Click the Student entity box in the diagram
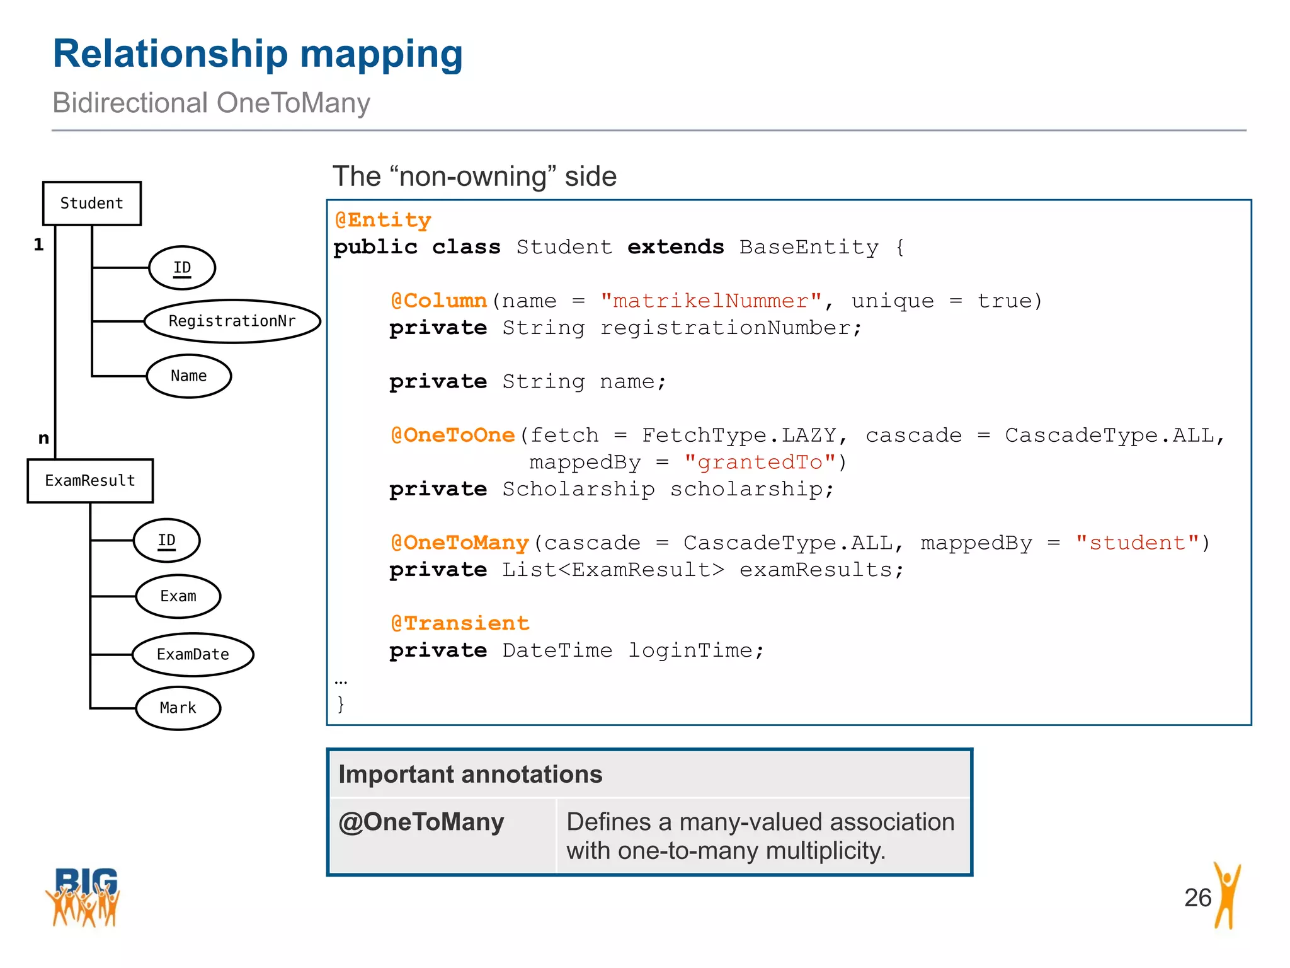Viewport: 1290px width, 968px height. (92, 203)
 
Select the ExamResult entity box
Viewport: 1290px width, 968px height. (90, 481)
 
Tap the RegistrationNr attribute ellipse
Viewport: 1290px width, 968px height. (232, 321)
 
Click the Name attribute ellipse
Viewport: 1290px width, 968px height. (189, 376)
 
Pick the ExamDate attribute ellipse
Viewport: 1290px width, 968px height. (193, 655)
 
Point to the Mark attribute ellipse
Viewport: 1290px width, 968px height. (178, 708)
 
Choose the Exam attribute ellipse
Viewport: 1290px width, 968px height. (178, 596)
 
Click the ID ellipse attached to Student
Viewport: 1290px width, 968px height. (182, 268)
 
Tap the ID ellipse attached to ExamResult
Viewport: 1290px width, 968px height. (167, 541)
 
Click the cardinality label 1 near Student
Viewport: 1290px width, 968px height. (39, 245)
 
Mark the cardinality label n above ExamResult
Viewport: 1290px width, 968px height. (43, 438)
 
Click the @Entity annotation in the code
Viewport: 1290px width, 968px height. (383, 220)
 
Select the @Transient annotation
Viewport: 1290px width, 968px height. (460, 623)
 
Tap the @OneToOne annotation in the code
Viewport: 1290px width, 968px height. (453, 435)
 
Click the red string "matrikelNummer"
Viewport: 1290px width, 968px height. (711, 301)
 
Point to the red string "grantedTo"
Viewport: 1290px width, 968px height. (760, 463)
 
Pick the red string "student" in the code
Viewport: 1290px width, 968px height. (1137, 543)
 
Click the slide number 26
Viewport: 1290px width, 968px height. (1197, 897)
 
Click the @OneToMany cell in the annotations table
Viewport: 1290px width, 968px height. (421, 822)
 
